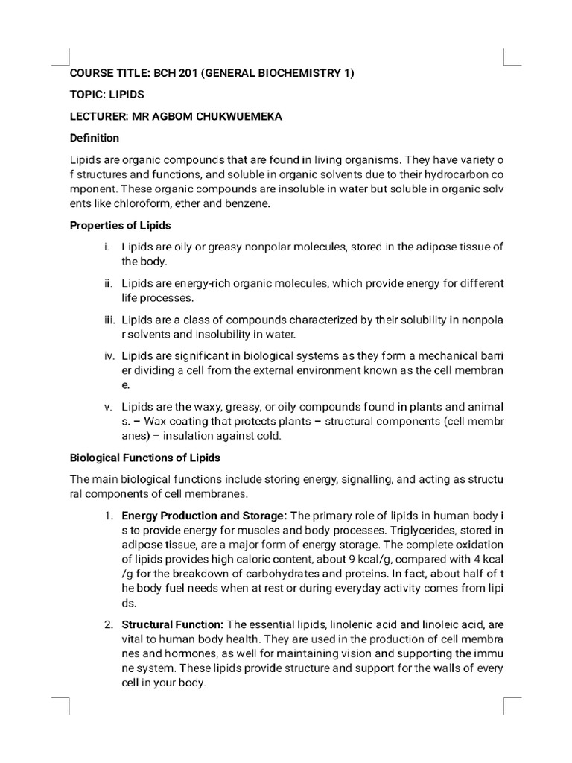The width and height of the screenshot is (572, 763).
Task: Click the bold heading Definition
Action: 94,138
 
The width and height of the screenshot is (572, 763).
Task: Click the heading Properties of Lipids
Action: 120,225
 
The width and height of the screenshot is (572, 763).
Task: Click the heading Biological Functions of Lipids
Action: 144,458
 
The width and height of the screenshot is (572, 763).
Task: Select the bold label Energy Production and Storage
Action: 204,516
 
